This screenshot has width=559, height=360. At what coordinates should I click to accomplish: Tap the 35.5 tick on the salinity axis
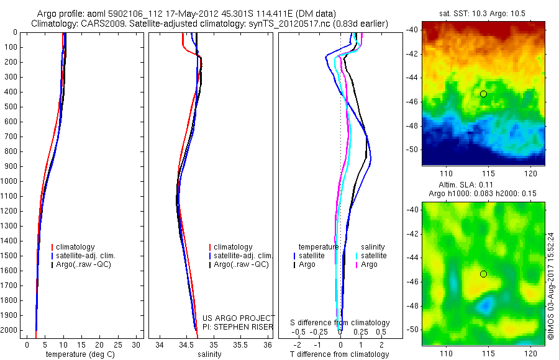[x=240, y=345]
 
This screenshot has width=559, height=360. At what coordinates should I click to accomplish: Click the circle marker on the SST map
[x=483, y=94]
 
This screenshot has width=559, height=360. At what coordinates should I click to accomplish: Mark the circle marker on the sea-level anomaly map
[x=483, y=274]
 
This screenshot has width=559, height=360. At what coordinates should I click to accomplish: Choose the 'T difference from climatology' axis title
[x=339, y=354]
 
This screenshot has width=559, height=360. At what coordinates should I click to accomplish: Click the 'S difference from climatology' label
[x=340, y=323]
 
